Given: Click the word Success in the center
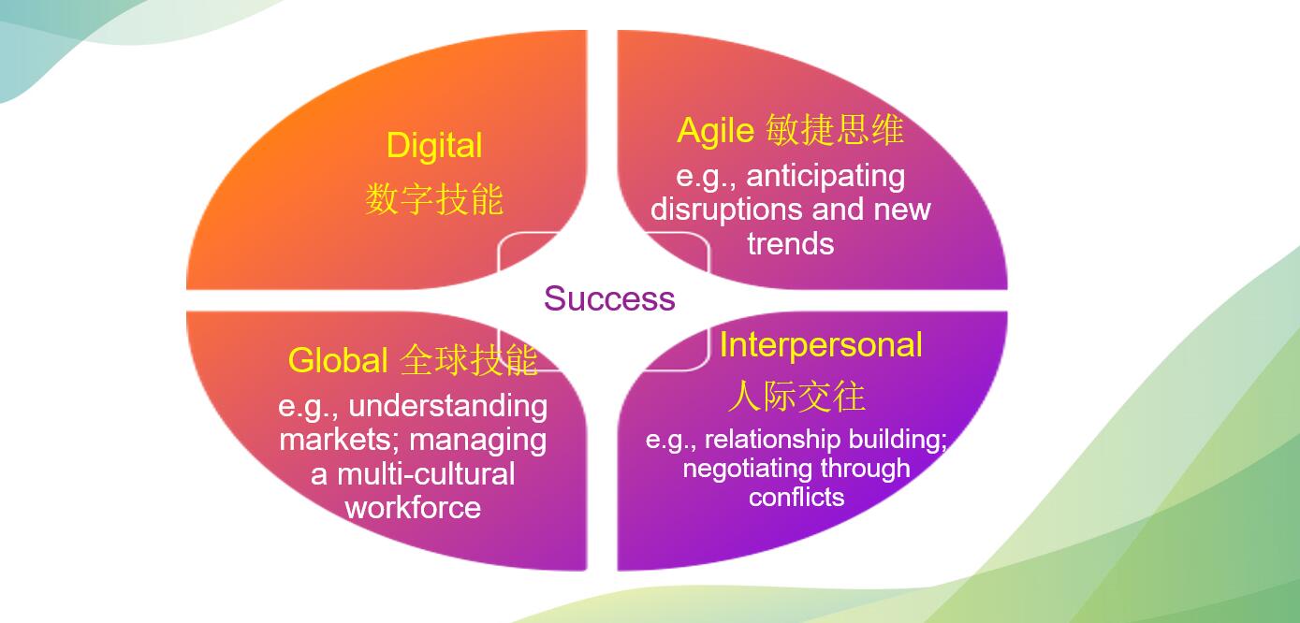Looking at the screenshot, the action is tap(609, 298).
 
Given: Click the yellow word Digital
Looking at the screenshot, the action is tap(434, 146).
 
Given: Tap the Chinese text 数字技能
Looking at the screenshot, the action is tap(434, 199).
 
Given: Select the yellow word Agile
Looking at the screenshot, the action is tap(716, 131).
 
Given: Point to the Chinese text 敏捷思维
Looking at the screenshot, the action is tap(835, 129).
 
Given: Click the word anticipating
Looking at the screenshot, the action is tap(825, 177).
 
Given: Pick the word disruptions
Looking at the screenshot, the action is tap(726, 210).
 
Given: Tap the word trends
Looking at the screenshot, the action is tap(791, 243).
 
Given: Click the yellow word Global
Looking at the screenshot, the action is tap(338, 360).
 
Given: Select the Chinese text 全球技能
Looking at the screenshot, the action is tap(469, 360).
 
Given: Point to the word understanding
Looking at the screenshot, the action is tap(448, 406).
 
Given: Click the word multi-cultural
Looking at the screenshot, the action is tap(426, 474).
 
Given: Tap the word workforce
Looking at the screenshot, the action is tap(413, 508).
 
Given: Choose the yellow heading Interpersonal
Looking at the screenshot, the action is tap(821, 345).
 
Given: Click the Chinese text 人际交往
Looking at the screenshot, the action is tap(797, 397).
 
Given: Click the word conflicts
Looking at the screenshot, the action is tap(796, 497).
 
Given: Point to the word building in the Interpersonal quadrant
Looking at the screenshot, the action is tap(898, 439).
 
